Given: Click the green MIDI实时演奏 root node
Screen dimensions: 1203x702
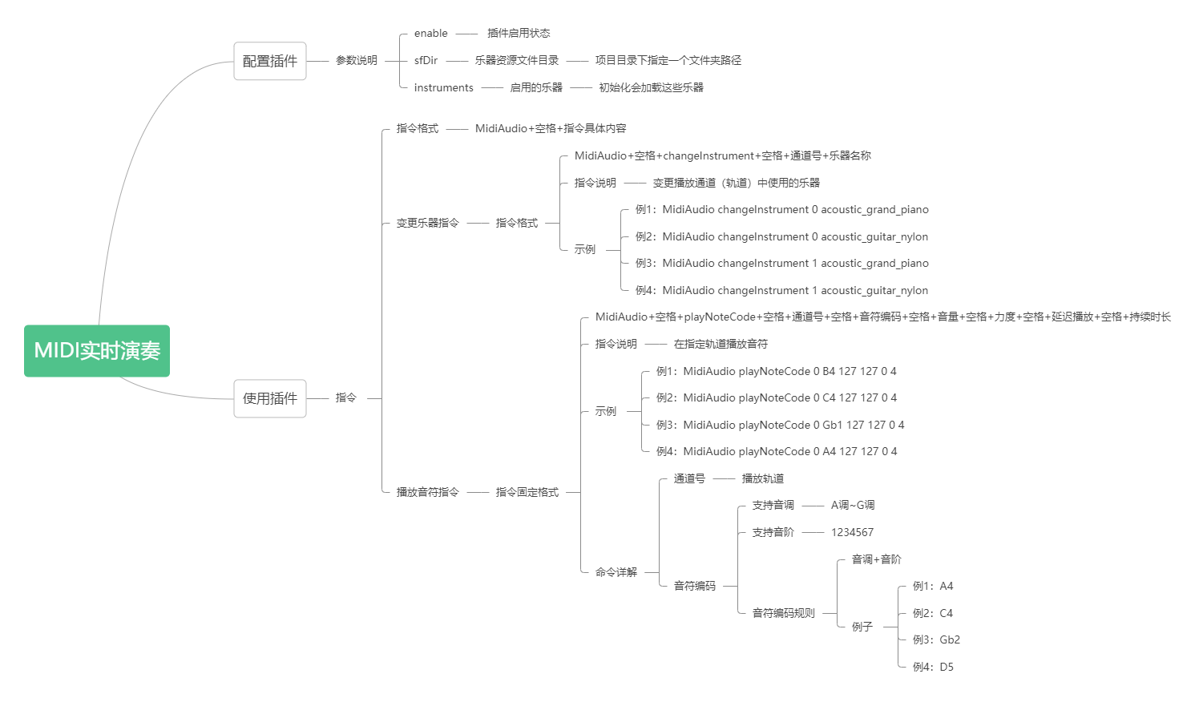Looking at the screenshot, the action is (97, 351).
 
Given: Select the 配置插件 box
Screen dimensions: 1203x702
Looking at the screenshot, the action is (269, 61).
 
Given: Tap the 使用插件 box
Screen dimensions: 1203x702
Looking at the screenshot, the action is (269, 398).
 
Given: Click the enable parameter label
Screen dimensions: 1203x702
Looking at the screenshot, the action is (430, 34).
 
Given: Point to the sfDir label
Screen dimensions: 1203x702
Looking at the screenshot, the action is (426, 61).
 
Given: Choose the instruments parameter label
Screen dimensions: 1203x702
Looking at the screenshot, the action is (443, 87).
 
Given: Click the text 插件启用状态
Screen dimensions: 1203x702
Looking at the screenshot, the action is (519, 34).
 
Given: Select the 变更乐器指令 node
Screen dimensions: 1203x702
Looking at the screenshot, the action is (427, 223).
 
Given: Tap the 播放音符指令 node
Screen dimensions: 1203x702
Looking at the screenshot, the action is (427, 492).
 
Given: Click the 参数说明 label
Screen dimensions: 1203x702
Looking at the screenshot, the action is (357, 61).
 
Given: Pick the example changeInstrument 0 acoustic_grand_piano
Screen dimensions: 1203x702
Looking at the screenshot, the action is (782, 209).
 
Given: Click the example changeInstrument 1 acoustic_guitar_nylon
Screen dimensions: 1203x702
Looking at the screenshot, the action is (782, 291).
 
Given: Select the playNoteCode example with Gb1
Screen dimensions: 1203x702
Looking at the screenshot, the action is (781, 425).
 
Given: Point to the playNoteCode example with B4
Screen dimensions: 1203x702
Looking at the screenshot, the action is (777, 371).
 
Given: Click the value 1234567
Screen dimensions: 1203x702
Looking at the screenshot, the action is (852, 532).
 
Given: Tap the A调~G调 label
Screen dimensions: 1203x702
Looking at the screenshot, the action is (853, 506).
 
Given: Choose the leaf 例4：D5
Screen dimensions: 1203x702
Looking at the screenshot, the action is (934, 667).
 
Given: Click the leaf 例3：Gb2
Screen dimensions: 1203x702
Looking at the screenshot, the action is (937, 639).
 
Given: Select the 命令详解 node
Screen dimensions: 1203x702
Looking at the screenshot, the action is (616, 572).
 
